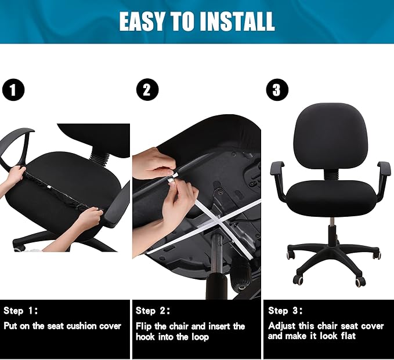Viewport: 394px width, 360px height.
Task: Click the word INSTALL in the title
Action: click(237, 22)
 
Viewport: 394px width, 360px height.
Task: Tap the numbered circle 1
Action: click(13, 90)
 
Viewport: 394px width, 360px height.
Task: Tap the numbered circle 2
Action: click(147, 90)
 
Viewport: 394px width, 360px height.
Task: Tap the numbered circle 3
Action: click(277, 90)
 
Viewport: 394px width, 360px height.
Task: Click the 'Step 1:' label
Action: click(21, 311)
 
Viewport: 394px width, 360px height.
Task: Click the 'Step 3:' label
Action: click(285, 311)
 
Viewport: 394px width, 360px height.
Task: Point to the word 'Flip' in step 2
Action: click(144, 326)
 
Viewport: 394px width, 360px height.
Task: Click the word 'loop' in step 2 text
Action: click(198, 336)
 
